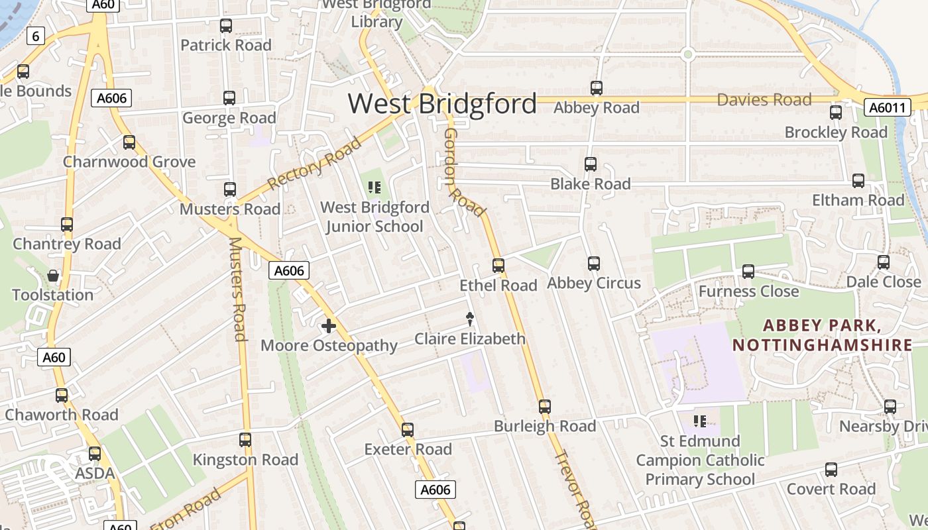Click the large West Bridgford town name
(442, 104)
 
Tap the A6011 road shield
(887, 107)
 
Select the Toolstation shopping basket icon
(53, 276)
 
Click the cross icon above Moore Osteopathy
(328, 326)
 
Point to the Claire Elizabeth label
(469, 339)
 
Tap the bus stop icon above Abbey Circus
(594, 264)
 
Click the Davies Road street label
(764, 100)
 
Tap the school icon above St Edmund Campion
(699, 421)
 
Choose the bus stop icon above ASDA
(95, 454)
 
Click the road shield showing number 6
(36, 36)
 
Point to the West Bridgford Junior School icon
(375, 188)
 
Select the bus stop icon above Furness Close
(748, 271)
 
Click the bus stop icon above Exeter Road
(408, 430)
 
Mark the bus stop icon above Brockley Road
(836, 113)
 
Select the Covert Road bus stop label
(831, 489)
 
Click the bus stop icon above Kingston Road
(245, 440)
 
